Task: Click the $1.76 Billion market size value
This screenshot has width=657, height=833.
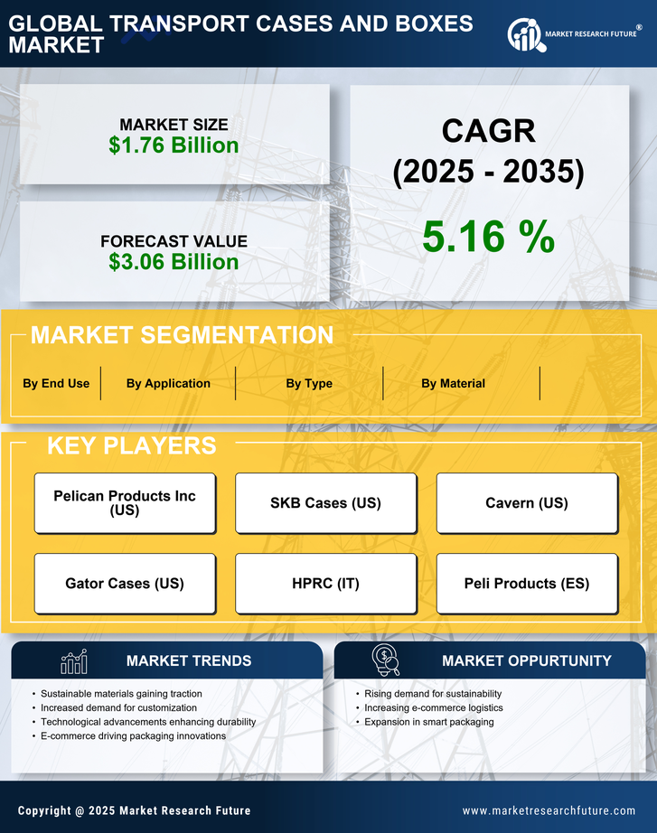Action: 174,145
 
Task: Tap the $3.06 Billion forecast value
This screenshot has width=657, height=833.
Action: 174,262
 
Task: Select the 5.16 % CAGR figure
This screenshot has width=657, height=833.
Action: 488,237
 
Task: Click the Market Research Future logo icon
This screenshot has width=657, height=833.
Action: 525,35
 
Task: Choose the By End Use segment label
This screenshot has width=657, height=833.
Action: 56,383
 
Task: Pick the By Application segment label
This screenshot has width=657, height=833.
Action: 168,383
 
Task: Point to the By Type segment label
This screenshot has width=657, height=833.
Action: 309,383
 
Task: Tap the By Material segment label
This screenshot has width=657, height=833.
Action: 453,383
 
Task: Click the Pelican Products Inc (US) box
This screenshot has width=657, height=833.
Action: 125,503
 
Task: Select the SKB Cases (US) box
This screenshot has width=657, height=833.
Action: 326,503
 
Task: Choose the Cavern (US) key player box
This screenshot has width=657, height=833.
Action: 527,503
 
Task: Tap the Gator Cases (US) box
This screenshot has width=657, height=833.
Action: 125,584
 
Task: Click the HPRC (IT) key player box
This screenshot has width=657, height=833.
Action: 326,584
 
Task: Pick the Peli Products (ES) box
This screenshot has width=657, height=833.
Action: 527,584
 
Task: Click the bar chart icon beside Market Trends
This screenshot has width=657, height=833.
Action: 74,661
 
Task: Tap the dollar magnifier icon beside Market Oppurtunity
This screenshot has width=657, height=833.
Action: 386,660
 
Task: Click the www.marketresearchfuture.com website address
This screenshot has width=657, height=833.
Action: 549,810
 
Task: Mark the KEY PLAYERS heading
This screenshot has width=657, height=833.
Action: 131,445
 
